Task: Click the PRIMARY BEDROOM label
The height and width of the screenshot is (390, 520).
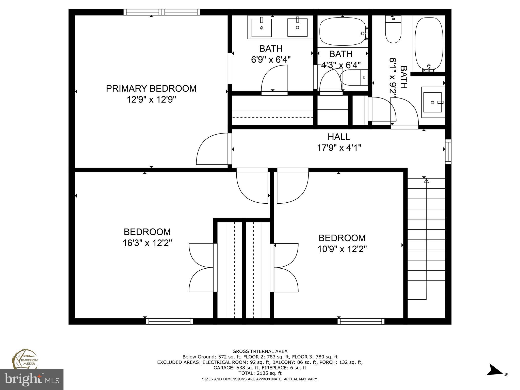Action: coord(151,89)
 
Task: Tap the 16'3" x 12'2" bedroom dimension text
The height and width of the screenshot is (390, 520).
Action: coord(147,243)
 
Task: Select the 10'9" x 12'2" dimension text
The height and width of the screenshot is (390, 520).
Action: coord(342,249)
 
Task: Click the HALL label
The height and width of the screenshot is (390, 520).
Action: coord(339,137)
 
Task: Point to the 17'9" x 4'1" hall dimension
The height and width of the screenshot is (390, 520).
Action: coord(339,148)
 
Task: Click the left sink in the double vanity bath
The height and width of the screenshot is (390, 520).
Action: coord(262,27)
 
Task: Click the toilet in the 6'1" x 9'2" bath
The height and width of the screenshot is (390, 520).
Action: coord(393,29)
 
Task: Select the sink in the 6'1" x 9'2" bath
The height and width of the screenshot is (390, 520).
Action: coord(433,102)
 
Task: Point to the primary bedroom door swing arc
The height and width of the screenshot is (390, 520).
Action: coord(211,150)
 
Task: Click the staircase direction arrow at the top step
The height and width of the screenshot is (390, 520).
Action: coord(426,181)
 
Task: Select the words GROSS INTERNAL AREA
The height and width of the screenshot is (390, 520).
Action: coord(260,351)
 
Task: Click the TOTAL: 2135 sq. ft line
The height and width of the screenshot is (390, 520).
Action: coord(260,373)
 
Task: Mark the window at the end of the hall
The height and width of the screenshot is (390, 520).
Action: coord(448,151)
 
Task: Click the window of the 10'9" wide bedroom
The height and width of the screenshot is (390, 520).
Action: coord(361,321)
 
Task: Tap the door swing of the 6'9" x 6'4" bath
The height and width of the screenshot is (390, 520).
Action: coord(274,79)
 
